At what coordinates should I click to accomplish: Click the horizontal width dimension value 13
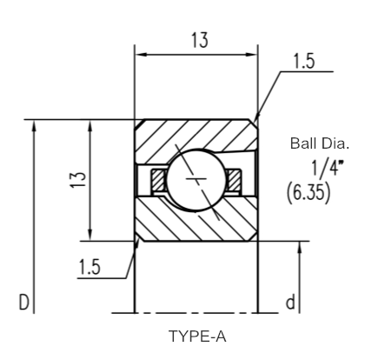tap(200, 40)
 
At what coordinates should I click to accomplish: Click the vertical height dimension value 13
tap(78, 180)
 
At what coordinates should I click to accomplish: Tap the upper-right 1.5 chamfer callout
tap(303, 62)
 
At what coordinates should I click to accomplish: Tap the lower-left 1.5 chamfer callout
tap(90, 267)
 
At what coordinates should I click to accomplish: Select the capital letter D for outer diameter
tap(24, 303)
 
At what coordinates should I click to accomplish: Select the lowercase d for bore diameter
tap(290, 302)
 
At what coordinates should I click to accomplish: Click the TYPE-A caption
tap(197, 337)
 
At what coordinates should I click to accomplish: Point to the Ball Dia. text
tap(320, 143)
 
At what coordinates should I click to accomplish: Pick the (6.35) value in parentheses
tap(309, 193)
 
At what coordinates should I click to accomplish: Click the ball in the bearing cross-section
tap(196, 180)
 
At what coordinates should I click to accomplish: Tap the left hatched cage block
tap(158, 180)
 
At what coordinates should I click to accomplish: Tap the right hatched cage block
tap(234, 180)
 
